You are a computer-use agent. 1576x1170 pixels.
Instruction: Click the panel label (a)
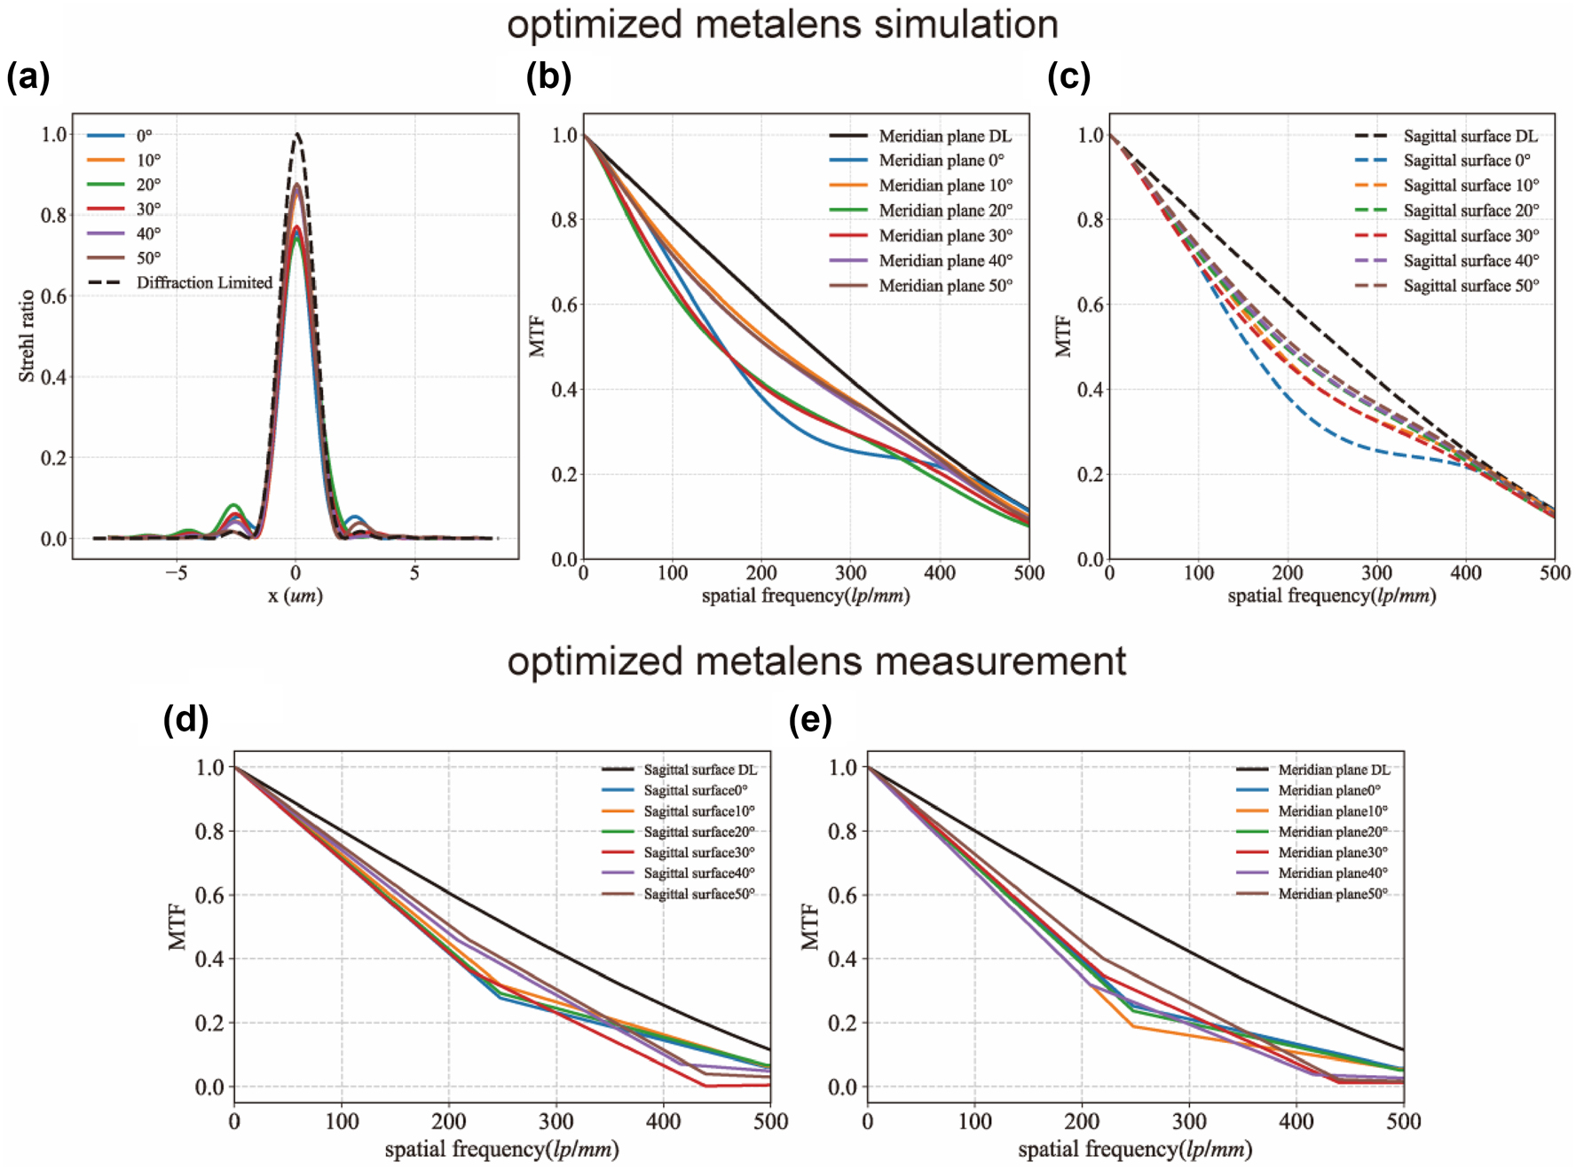tap(28, 77)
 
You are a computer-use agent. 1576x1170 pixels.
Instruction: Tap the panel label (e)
tap(810, 719)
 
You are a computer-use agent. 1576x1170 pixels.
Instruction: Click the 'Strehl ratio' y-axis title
tap(27, 336)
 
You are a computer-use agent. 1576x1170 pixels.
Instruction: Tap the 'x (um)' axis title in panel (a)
tap(295, 596)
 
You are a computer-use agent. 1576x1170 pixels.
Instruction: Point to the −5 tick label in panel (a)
tap(176, 573)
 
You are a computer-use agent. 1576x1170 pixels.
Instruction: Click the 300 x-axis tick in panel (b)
tap(850, 573)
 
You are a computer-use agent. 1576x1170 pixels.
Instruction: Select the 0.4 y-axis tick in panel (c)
tap(1091, 390)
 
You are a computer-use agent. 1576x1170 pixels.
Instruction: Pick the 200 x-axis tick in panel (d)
tap(449, 1121)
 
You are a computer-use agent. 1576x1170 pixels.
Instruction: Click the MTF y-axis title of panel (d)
tap(177, 926)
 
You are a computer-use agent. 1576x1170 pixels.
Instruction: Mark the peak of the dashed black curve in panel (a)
tap(296, 134)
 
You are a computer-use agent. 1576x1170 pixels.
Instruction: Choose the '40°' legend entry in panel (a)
tap(148, 233)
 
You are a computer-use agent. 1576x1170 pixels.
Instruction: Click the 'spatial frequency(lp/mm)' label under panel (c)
tap(1331, 596)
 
